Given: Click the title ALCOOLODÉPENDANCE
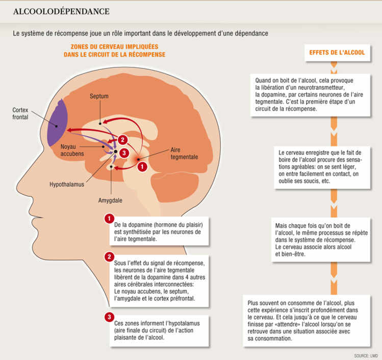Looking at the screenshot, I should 61,11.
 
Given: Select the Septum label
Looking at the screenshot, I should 99,97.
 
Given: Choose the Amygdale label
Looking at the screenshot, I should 111,200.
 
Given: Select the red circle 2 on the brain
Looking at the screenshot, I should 122,139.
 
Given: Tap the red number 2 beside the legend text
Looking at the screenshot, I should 108,256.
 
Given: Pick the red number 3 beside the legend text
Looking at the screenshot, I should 108,317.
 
